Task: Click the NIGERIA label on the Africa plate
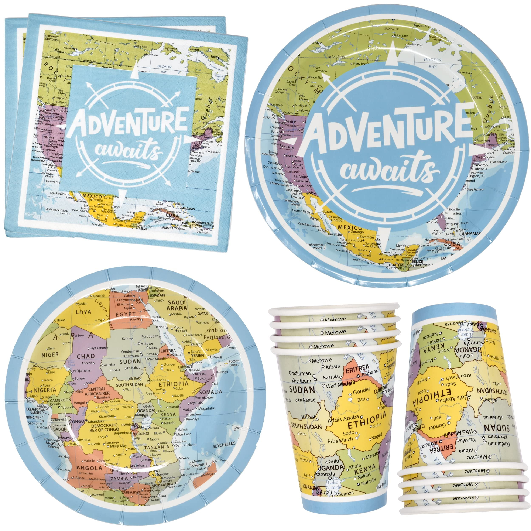point(45,390)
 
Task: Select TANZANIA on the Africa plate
point(157,447)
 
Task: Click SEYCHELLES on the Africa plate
point(224,444)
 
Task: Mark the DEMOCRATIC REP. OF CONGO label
point(104,427)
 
